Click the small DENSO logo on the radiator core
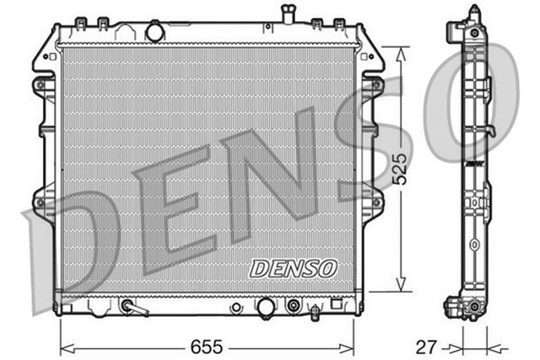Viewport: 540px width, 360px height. click(293, 267)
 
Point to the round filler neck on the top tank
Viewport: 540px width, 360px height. click(156, 32)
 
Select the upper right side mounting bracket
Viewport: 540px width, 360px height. click(372, 84)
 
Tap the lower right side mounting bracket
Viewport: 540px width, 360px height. click(372, 202)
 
